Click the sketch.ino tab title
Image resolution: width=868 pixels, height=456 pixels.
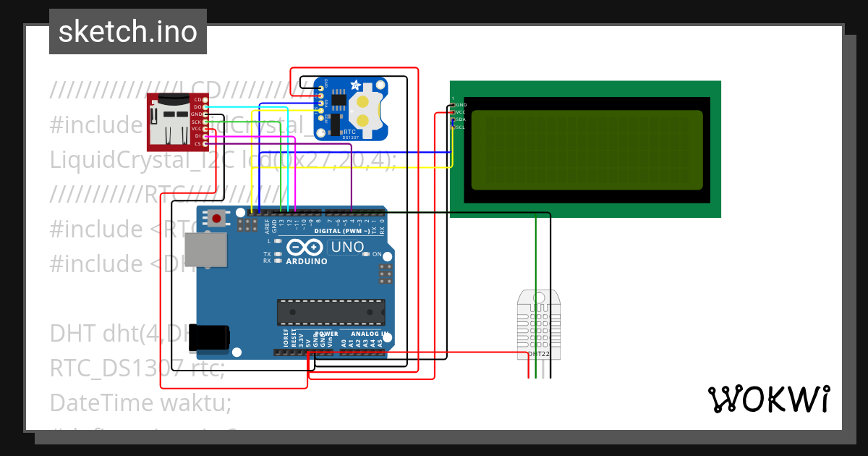[127, 32]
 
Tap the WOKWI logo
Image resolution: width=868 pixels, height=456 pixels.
[768, 399]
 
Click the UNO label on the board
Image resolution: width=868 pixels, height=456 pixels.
[347, 248]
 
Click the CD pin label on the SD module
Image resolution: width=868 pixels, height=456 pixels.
[197, 99]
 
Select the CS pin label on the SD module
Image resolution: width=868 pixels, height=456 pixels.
[197, 143]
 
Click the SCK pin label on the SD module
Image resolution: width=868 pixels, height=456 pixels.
[197, 122]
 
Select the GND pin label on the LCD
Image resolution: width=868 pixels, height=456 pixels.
[461, 105]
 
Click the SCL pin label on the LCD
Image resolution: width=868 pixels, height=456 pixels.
[460, 127]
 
